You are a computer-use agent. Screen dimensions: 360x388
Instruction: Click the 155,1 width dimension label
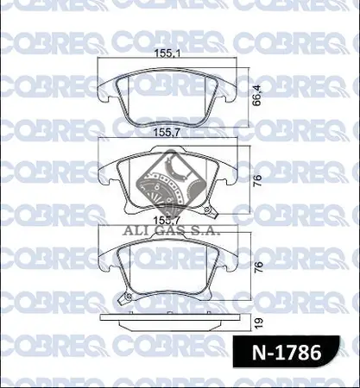click(167, 53)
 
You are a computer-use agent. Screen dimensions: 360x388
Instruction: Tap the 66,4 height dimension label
click(257, 95)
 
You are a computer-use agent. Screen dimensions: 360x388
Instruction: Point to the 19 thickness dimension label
click(259, 322)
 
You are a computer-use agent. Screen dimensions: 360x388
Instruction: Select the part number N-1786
click(287, 352)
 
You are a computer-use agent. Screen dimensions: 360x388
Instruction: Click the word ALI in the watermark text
click(134, 230)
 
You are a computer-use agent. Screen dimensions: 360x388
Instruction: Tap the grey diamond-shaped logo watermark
click(172, 182)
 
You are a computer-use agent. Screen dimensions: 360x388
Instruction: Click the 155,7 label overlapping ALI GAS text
click(167, 221)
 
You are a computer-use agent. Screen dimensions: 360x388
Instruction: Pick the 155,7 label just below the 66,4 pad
click(167, 133)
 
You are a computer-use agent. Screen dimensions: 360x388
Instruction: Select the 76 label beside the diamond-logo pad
click(258, 180)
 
